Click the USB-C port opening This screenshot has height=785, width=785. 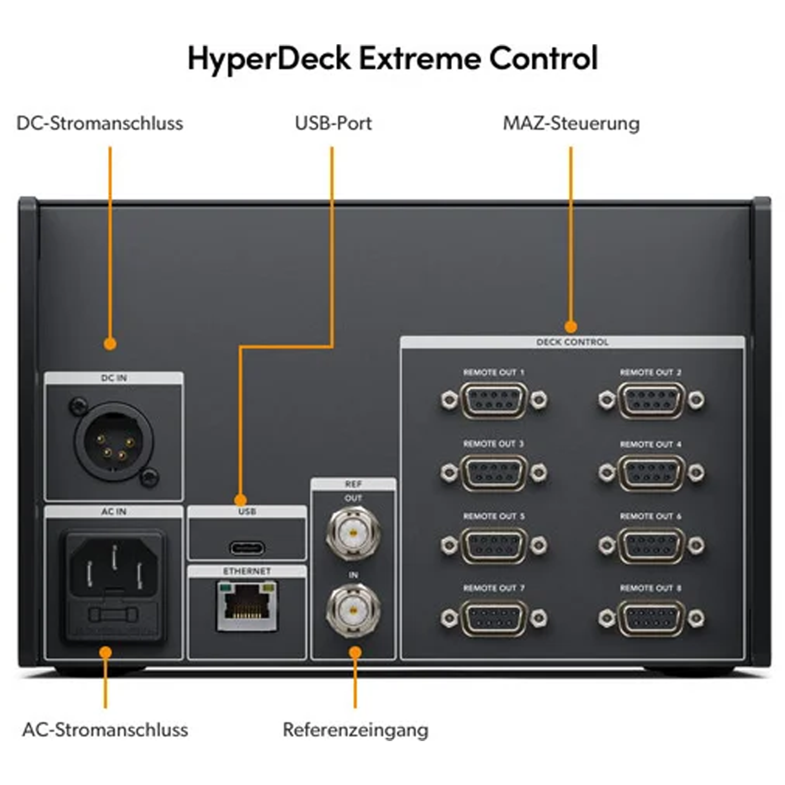[247, 548]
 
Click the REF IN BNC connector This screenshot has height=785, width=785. [353, 610]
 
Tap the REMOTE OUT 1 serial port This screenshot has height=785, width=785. [494, 400]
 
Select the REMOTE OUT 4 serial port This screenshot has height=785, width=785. [651, 472]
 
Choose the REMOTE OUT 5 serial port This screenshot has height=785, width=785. [494, 545]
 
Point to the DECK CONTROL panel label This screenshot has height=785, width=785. [572, 342]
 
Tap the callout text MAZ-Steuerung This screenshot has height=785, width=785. [571, 124]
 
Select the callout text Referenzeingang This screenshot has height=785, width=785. [356, 730]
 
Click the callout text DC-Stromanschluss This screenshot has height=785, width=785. [100, 124]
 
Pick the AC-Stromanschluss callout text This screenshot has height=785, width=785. [105, 730]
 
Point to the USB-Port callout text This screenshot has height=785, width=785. [333, 124]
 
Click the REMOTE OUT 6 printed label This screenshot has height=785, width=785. [650, 517]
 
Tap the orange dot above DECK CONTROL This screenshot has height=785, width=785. [570, 327]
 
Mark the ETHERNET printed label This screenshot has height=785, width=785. [246, 571]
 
